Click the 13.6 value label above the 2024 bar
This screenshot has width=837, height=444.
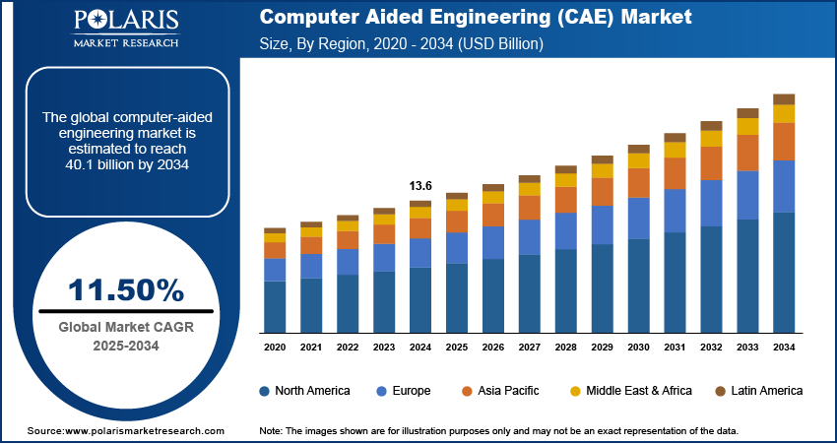(420, 186)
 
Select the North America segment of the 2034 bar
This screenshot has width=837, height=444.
(784, 272)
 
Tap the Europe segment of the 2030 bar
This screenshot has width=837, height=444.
(639, 219)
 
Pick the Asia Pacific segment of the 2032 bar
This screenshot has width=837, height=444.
(711, 163)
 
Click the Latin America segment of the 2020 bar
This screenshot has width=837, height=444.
(275, 230)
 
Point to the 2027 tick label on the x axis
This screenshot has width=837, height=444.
(530, 348)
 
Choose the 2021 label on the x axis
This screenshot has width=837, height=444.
(311, 348)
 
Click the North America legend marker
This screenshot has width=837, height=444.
(265, 391)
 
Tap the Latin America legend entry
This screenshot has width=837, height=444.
(759, 391)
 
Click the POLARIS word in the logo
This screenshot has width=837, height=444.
(125, 22)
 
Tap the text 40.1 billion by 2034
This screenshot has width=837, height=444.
(125, 164)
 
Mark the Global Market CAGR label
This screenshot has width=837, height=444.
(125, 327)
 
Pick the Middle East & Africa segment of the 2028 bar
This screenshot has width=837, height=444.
(566, 180)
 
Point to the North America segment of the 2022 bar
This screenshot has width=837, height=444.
(348, 303)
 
